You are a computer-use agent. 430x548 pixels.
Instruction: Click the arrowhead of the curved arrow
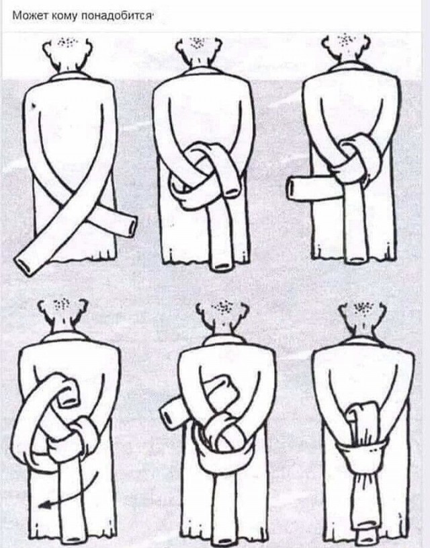pos(43,504)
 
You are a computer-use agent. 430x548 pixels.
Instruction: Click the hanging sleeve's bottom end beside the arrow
pos(73,537)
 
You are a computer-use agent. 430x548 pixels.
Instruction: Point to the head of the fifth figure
pos(222,315)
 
